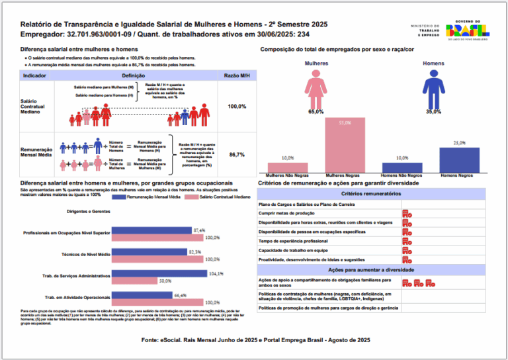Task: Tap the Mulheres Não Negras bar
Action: pyautogui.click(x=287, y=167)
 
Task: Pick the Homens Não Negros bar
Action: pyautogui.click(x=402, y=167)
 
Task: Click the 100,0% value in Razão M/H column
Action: pyautogui.click(x=237, y=106)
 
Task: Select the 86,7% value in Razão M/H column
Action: pyautogui.click(x=237, y=154)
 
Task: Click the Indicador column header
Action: pyautogui.click(x=34, y=76)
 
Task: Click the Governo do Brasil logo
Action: pyautogui.click(x=467, y=30)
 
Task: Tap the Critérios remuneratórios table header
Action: pyautogui.click(x=371, y=193)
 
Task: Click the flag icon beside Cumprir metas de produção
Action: pyautogui.click(x=407, y=213)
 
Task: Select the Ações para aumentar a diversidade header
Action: pyautogui.click(x=371, y=270)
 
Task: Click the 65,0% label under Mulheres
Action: pyautogui.click(x=316, y=112)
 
